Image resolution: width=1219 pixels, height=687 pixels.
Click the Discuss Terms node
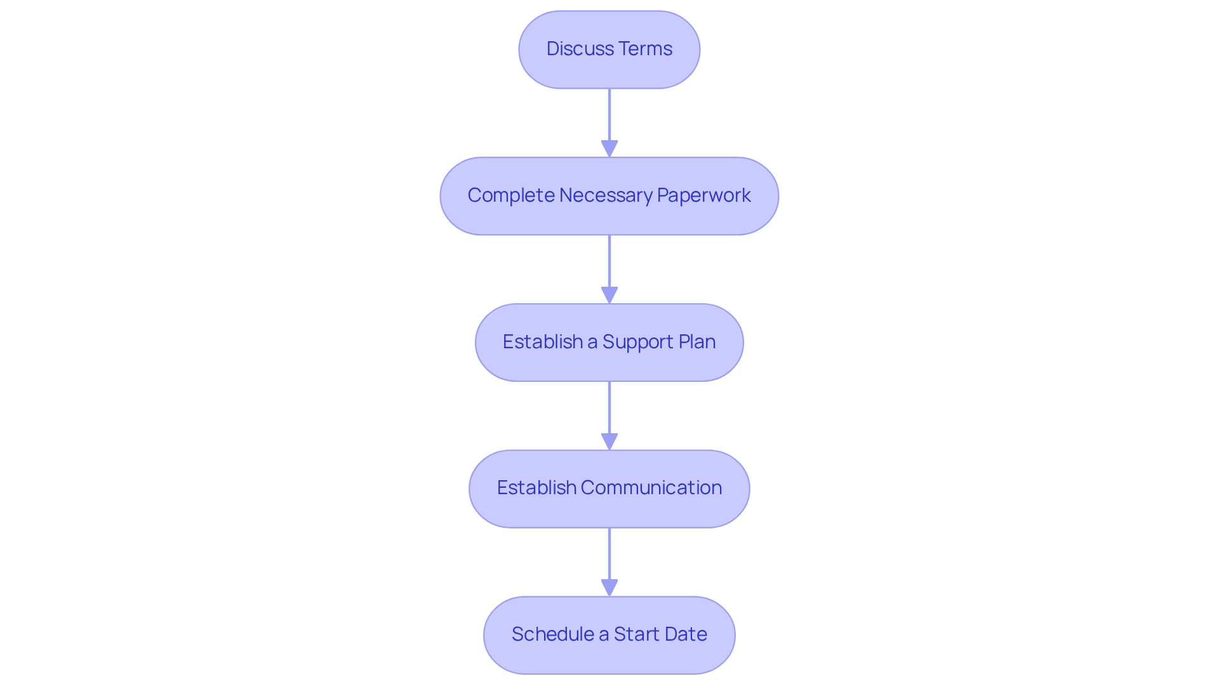[609, 49]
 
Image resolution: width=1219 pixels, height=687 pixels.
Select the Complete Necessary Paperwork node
[609, 196]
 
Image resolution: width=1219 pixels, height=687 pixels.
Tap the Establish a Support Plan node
[609, 343]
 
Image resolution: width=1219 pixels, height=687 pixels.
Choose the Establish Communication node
[609, 488]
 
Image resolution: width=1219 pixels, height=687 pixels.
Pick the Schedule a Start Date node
[609, 635]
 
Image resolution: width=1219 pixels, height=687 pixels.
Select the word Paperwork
[704, 195]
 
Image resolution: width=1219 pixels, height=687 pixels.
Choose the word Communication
[651, 488]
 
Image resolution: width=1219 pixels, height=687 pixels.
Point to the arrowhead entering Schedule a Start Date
[609, 588]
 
